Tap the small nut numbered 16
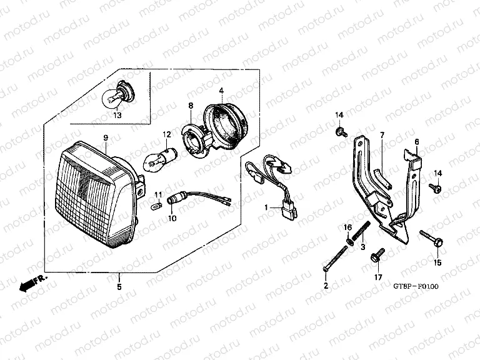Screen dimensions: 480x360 [349, 240]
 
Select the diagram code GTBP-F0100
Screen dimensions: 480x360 [416, 286]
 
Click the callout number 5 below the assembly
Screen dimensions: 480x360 [119, 286]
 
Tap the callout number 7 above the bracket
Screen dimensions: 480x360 [382, 135]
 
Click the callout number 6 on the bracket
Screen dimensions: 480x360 [417, 142]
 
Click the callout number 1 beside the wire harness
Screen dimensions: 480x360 [266, 207]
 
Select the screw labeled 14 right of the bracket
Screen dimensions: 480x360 [435, 187]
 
